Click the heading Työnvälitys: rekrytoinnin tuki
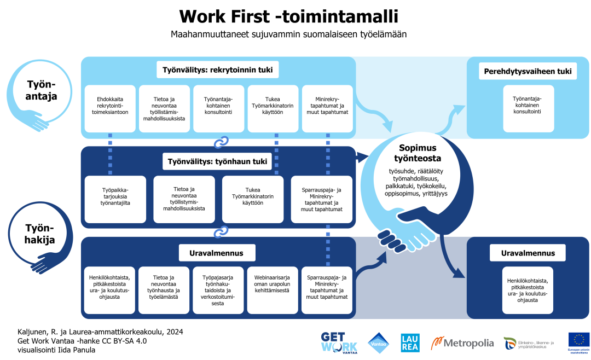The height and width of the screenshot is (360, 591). point(218,70)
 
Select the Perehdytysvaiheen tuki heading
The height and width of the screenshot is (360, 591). point(528,71)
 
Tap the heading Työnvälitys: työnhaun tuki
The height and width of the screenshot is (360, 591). point(218,161)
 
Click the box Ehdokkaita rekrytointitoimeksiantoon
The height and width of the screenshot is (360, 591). point(110,108)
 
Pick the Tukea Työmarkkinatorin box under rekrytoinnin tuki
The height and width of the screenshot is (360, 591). point(273,108)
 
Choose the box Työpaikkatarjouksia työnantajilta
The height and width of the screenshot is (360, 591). point(115,199)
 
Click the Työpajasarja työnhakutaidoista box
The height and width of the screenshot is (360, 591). point(218,290)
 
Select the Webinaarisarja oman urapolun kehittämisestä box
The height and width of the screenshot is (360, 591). point(272,290)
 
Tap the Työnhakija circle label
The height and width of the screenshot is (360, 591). point(40,234)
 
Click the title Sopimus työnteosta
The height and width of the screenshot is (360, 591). point(418,153)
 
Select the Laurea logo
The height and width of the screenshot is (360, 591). point(410,342)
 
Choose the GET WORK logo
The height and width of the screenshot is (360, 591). point(339,342)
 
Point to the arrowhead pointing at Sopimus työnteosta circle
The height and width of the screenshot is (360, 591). point(361,158)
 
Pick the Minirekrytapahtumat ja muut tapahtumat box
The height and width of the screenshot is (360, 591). point(327,108)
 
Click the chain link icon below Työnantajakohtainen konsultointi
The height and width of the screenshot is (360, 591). point(221,142)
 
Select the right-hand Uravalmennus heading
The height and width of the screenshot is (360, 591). point(528,253)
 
